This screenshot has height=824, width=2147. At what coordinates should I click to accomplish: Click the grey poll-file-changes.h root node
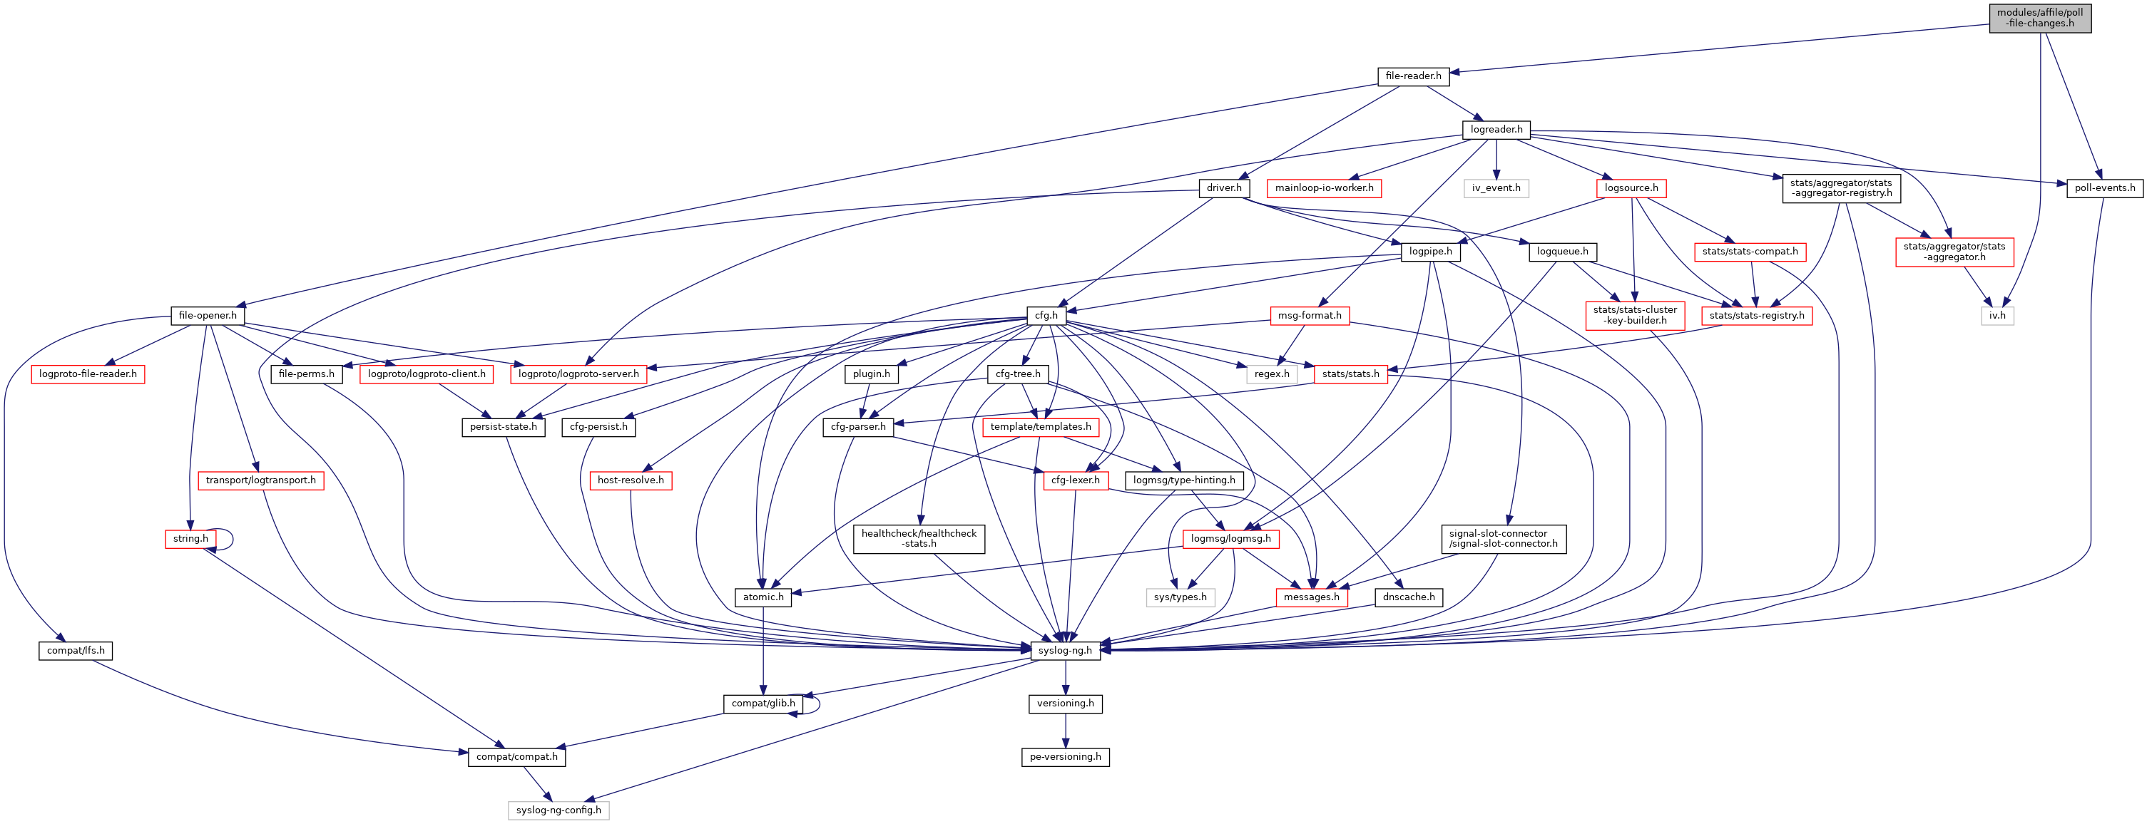[x=2039, y=18]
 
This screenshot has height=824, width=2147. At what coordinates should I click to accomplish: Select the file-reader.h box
[x=1413, y=76]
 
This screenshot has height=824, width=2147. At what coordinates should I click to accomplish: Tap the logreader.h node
[x=1496, y=129]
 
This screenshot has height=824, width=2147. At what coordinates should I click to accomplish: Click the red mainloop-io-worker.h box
[x=1324, y=188]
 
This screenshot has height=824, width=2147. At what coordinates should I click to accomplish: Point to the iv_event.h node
[x=1496, y=188]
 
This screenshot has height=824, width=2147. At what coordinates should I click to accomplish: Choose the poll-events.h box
[x=2104, y=188]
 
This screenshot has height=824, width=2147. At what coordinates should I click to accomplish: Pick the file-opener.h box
[x=208, y=316]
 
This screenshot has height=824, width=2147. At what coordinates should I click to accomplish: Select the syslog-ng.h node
[x=1065, y=651]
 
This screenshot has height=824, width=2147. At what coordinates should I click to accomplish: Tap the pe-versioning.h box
[x=1065, y=757]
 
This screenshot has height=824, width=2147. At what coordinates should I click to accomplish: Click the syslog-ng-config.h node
[x=559, y=810]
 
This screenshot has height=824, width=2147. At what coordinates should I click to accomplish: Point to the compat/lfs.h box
[x=75, y=651]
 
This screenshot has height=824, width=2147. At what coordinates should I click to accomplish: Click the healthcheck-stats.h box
[x=919, y=539]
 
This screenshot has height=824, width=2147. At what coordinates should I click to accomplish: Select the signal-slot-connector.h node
[x=1503, y=539]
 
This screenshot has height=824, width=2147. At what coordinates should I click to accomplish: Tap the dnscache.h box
[x=1409, y=597]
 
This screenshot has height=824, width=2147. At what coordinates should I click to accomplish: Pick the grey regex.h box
[x=1271, y=374]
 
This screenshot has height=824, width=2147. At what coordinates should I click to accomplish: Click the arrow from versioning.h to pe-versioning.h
[x=1065, y=731]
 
